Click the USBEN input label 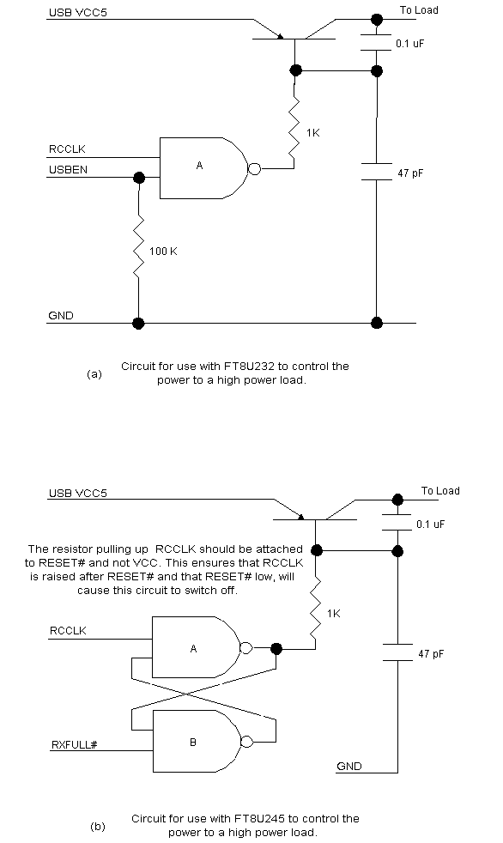(x=68, y=170)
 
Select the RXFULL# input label (x=74, y=744)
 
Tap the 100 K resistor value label (x=163, y=251)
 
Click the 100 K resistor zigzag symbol (x=139, y=246)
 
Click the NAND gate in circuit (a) (x=203, y=168)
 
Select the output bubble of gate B (x=246, y=742)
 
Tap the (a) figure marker (x=94, y=373)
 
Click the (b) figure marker (x=98, y=827)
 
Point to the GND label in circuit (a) (x=61, y=316)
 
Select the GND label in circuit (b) (x=349, y=766)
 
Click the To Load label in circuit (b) (x=440, y=491)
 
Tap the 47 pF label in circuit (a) (x=410, y=173)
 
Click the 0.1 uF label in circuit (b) (x=430, y=525)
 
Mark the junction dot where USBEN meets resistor (x=139, y=178)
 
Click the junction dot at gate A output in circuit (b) (x=276, y=648)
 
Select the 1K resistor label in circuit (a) (x=312, y=133)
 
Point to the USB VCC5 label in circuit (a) (x=78, y=12)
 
